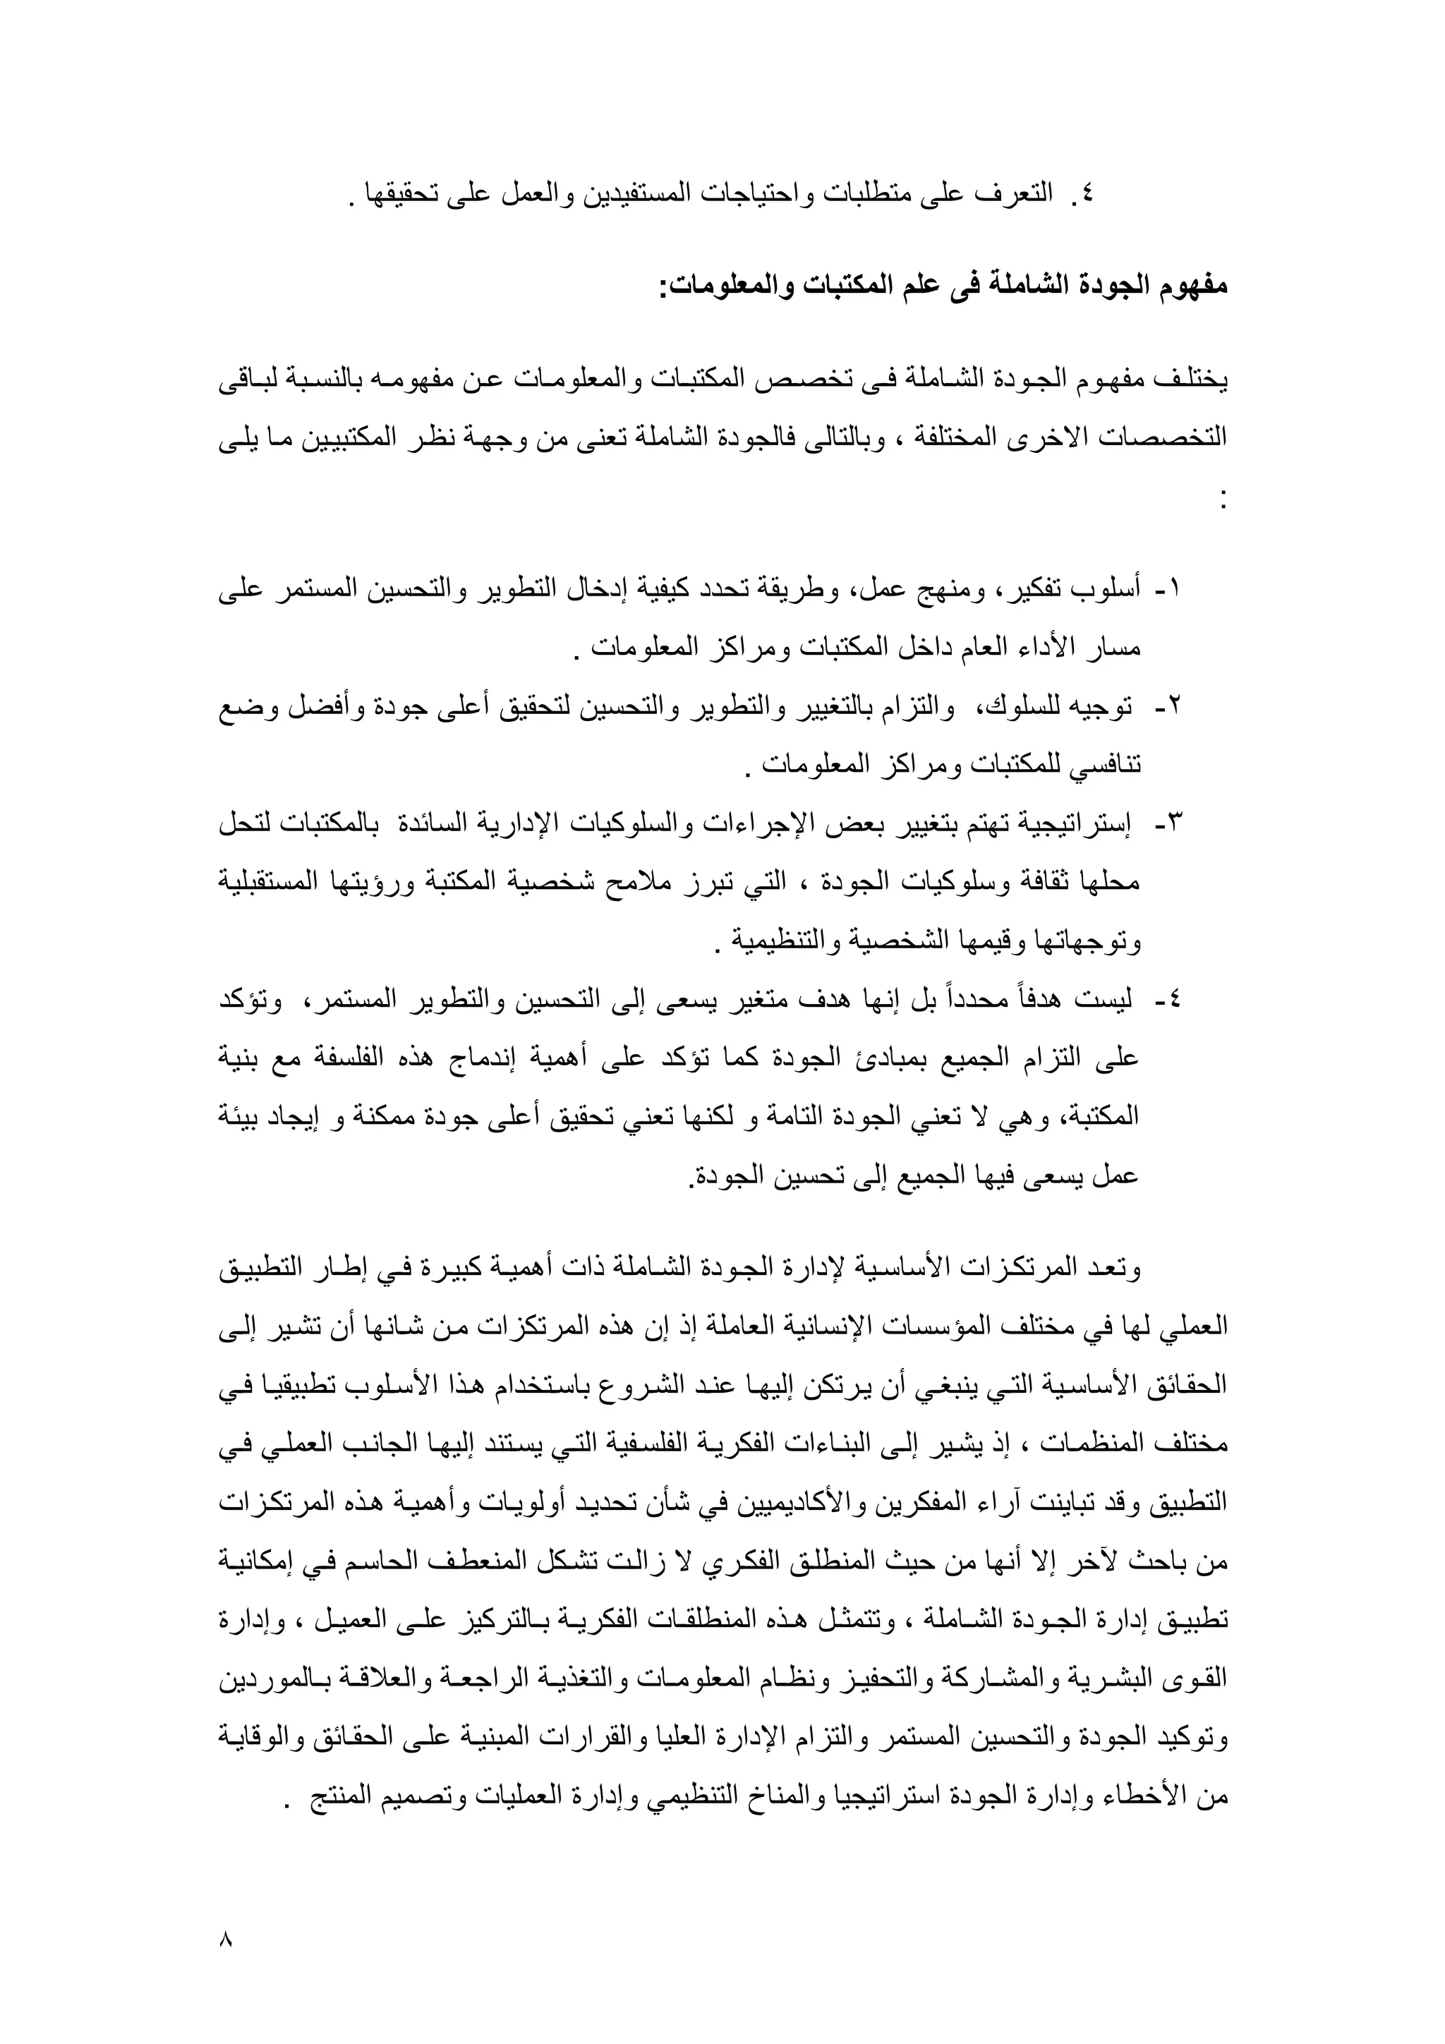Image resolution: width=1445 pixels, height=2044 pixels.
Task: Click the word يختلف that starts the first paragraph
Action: (x=1197, y=381)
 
